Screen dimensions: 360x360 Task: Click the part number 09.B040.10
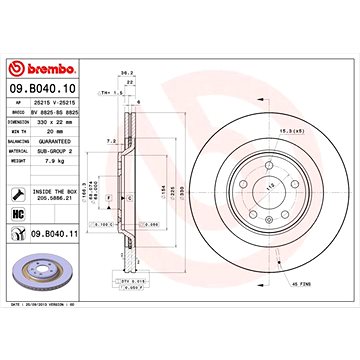click(49, 88)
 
